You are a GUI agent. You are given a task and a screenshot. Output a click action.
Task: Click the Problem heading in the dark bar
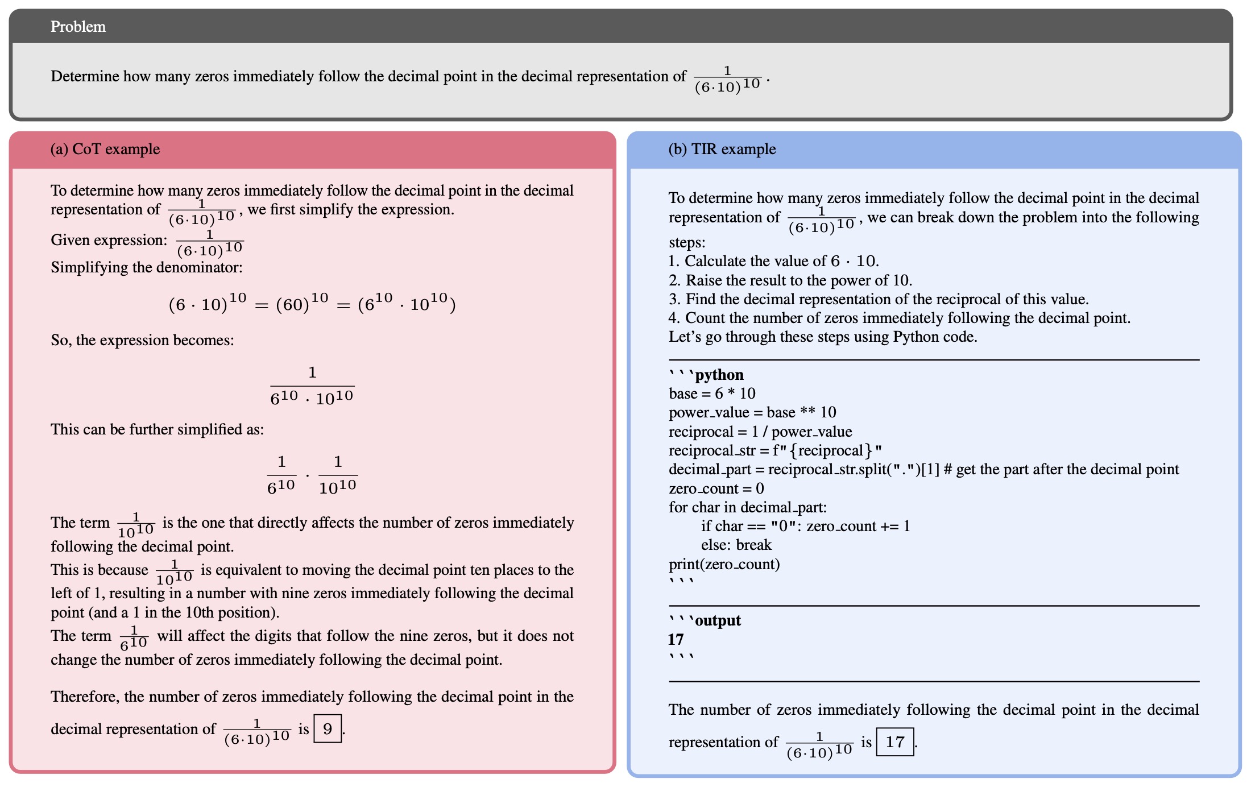[x=78, y=27]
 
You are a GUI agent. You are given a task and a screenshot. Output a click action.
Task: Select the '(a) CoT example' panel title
[x=105, y=149]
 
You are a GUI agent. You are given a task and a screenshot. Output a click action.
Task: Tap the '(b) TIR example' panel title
[x=722, y=149]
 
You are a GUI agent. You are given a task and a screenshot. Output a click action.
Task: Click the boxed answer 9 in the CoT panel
[x=328, y=728]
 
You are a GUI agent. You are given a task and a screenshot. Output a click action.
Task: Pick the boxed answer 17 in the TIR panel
[x=894, y=742]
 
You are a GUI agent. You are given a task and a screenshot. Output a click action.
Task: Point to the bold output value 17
[x=676, y=639]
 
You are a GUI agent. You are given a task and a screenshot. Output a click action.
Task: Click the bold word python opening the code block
[x=719, y=375]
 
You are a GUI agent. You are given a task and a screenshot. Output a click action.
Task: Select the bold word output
[x=718, y=620]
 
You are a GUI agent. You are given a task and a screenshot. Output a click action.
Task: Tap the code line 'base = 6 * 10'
[x=712, y=393]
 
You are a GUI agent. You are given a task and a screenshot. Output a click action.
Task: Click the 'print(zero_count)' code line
[x=724, y=564]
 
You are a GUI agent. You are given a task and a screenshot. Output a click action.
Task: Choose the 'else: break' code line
[x=736, y=545]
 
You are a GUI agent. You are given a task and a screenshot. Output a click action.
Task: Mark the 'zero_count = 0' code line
[x=716, y=488]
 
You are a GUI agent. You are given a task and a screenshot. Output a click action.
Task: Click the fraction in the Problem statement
[x=727, y=79]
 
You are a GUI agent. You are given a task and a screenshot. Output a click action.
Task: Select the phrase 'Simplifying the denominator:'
[x=147, y=267]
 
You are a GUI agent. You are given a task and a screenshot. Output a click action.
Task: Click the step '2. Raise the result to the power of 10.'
[x=790, y=280]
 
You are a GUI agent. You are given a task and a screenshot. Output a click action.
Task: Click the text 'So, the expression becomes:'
[x=142, y=340]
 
